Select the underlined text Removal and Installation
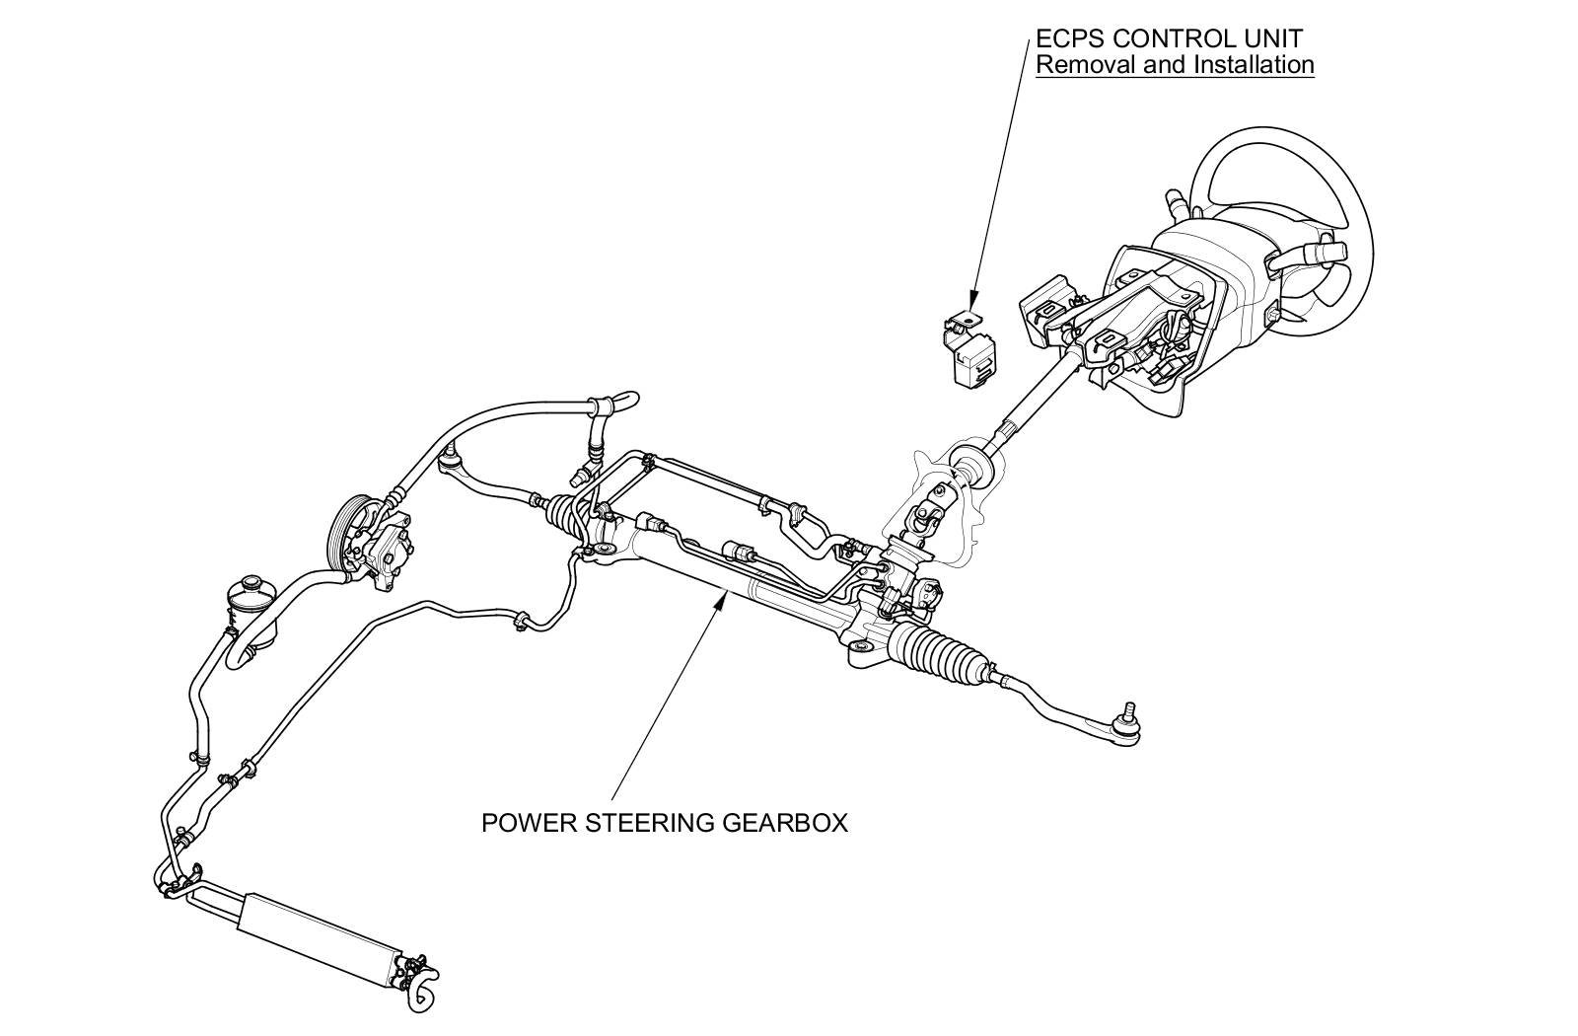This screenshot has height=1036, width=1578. [1175, 65]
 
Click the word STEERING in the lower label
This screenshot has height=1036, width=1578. [650, 823]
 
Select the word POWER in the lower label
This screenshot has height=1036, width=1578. [519, 823]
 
